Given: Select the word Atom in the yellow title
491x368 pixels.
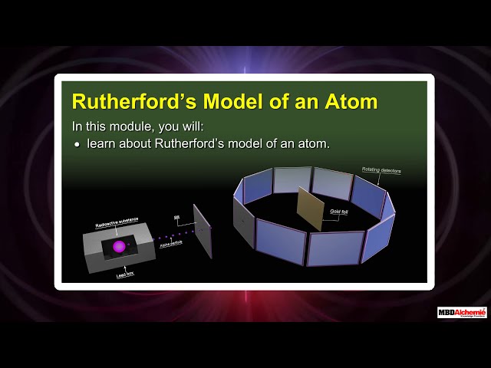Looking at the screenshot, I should [x=349, y=101].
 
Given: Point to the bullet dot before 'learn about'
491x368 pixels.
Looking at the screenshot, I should [x=77, y=144].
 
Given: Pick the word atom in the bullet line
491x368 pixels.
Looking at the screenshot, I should [x=313, y=143].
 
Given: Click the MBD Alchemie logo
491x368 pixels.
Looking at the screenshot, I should [x=462, y=312].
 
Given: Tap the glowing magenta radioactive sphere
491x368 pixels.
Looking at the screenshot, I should [x=119, y=247].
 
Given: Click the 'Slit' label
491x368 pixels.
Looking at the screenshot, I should [x=177, y=217].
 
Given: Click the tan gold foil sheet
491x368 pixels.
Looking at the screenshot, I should [x=311, y=209].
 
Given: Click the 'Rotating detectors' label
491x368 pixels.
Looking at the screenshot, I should [x=381, y=170].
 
